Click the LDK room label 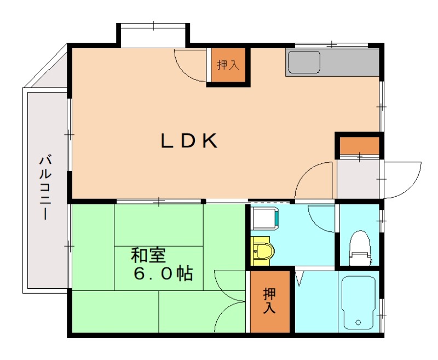(x=189, y=141)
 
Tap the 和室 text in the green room (x=148, y=255)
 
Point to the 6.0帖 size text (x=163, y=273)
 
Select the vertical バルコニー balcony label (x=45, y=188)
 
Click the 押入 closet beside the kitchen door (x=228, y=65)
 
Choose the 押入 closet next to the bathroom (x=269, y=301)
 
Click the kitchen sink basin (x=304, y=62)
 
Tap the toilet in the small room (x=360, y=248)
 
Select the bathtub (x=359, y=303)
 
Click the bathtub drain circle (x=358, y=323)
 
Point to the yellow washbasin (x=263, y=251)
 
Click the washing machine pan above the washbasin (x=264, y=218)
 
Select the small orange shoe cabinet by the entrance (x=360, y=145)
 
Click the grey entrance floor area (x=358, y=179)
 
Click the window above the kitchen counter (x=332, y=45)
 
